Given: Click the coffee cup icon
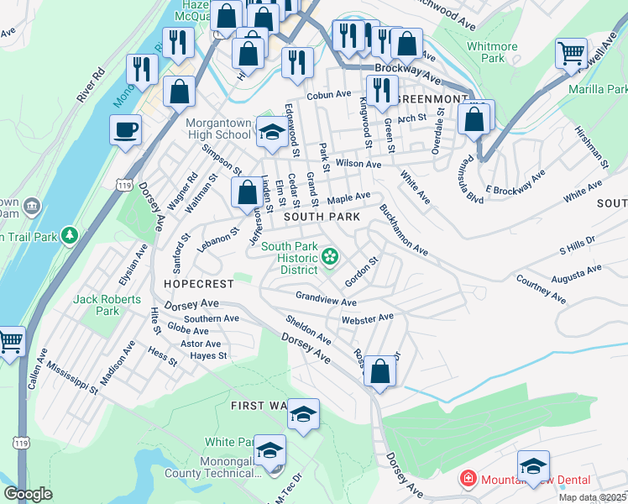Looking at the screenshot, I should [125, 130].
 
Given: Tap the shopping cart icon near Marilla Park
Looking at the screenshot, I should [571, 54].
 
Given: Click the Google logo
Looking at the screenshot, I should [28, 495].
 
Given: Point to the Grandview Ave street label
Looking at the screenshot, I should [327, 297].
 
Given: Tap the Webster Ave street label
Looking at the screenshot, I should [367, 318].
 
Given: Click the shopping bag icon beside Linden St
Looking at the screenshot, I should [247, 192].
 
